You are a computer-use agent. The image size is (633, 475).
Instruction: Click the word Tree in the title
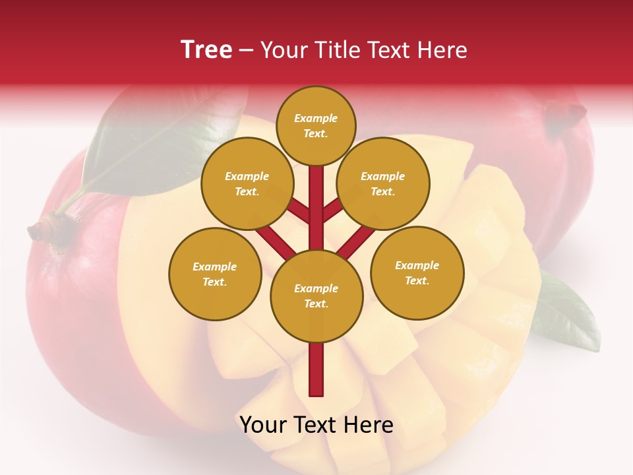pos(206,50)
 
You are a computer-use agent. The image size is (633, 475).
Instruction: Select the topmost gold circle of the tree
pos(316,125)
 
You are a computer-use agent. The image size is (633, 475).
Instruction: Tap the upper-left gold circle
pos(247,183)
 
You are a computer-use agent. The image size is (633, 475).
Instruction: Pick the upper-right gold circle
pos(382,183)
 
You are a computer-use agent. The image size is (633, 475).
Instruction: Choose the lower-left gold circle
pos(214,274)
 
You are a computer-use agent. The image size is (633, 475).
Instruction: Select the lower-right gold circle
pos(417,272)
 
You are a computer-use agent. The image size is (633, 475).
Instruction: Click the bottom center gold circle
pos(316,296)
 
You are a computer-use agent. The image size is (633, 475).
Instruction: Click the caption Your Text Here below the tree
pos(316,425)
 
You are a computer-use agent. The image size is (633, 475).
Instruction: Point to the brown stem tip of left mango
pos(40,230)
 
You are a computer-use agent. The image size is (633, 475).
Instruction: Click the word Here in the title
pos(444,50)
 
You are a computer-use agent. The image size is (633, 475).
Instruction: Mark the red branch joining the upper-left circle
pos(299,212)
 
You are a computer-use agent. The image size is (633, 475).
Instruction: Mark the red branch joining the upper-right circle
pos(333,212)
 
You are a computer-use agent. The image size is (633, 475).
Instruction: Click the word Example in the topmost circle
pos(316,119)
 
